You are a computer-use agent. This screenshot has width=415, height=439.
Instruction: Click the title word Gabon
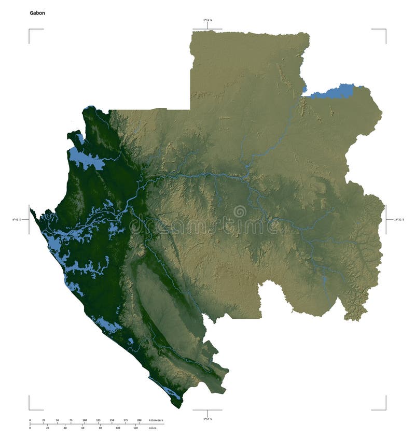coord(37,13)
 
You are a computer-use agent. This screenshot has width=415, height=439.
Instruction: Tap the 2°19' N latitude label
coord(208,20)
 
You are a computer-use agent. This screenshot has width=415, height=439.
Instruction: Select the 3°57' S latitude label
coord(208,418)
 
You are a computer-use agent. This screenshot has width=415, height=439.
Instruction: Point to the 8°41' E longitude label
coord(17,220)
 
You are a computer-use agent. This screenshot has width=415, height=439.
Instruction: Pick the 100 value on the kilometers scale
coord(85,420)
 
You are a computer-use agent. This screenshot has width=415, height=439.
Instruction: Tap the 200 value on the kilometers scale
coord(139,420)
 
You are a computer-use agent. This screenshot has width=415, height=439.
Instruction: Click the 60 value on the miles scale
coord(82,428)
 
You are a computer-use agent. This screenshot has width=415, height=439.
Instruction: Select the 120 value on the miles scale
coord(135,428)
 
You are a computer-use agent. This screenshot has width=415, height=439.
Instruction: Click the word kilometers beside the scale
coord(156,420)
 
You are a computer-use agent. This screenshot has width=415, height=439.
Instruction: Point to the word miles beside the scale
coord(152,428)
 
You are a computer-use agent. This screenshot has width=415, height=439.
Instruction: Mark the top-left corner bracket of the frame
coord(30,30)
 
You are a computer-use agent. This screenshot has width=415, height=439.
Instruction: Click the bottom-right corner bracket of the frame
coord(385,409)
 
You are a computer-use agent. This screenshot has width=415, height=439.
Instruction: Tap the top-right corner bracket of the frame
coord(385,30)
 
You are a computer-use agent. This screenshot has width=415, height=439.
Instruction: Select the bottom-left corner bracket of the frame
coord(30,409)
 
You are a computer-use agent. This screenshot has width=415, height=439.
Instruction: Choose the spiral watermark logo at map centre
coord(240,211)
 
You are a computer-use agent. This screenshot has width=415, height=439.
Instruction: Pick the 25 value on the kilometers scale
coord(44,420)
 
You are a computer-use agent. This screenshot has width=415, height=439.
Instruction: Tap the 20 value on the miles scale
coord(48,428)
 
